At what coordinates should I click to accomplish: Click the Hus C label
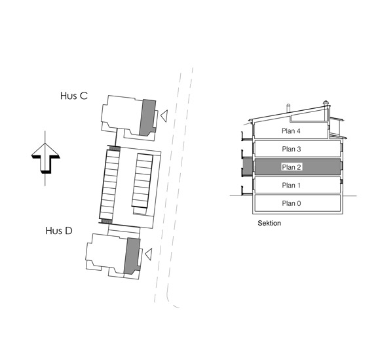(x=74, y=96)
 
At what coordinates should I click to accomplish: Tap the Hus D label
(x=59, y=231)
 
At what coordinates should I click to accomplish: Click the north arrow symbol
(x=45, y=158)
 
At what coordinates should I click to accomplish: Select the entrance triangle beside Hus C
(x=164, y=116)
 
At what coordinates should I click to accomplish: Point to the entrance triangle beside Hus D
(x=148, y=254)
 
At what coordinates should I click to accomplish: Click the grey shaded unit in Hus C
(x=147, y=117)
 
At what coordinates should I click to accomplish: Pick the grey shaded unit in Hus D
(x=132, y=256)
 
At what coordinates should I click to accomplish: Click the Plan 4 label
(x=291, y=131)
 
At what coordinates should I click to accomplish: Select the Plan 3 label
(x=292, y=149)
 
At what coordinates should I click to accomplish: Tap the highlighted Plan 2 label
(x=292, y=167)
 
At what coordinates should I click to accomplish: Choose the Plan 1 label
(x=291, y=186)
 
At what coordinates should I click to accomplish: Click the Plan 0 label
(x=292, y=203)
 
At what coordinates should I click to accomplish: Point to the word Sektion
(x=269, y=223)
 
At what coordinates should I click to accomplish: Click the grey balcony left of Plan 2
(x=248, y=167)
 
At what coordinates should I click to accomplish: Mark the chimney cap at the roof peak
(x=326, y=103)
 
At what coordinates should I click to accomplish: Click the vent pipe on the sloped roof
(x=288, y=108)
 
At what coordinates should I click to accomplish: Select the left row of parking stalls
(x=110, y=184)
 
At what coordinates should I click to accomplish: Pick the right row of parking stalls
(x=143, y=181)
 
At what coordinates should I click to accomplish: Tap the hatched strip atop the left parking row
(x=115, y=148)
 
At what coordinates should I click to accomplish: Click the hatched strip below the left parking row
(x=105, y=221)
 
